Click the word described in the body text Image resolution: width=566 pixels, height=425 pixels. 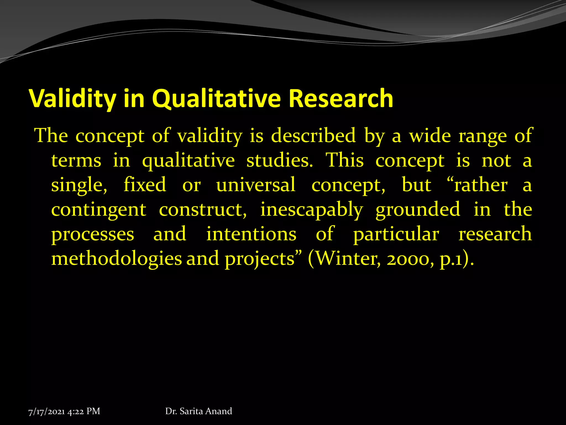[313, 136]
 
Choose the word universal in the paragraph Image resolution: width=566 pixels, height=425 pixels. [256, 185]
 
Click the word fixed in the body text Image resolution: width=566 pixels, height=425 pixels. [145, 185]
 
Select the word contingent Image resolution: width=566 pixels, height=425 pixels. [99, 209]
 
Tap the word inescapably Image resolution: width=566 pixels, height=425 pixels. [311, 209]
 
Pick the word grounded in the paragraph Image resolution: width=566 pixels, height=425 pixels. [418, 209]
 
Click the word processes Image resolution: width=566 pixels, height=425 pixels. [93, 234]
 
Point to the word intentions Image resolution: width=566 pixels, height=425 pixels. [251, 234]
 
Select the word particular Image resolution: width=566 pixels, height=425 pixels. [396, 234]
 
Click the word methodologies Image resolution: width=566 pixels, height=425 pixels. [117, 259]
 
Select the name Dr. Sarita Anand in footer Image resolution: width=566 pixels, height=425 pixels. [198, 411]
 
